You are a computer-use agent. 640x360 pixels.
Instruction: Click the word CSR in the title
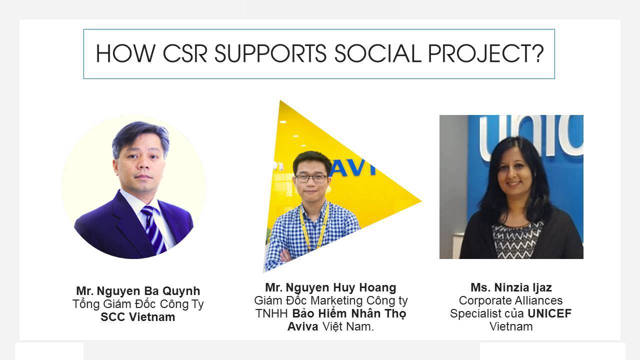tap(185, 53)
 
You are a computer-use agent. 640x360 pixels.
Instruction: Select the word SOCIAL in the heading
tap(377, 53)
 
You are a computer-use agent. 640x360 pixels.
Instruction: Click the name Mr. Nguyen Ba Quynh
tap(138, 291)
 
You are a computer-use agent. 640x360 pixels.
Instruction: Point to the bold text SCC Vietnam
tap(138, 317)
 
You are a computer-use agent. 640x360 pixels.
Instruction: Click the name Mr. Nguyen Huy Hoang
tap(330, 287)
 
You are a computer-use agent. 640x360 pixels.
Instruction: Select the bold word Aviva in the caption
tap(303, 326)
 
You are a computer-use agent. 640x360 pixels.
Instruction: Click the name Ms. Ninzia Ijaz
tap(511, 287)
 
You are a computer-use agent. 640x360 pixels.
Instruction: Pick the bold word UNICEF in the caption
tap(549, 313)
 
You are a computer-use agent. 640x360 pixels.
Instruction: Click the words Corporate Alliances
tap(511, 300)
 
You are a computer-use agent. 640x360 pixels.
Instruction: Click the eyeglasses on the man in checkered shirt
tap(311, 178)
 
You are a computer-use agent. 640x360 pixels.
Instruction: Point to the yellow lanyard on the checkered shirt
tap(314, 225)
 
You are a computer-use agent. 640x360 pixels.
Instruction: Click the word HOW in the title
tap(125, 53)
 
